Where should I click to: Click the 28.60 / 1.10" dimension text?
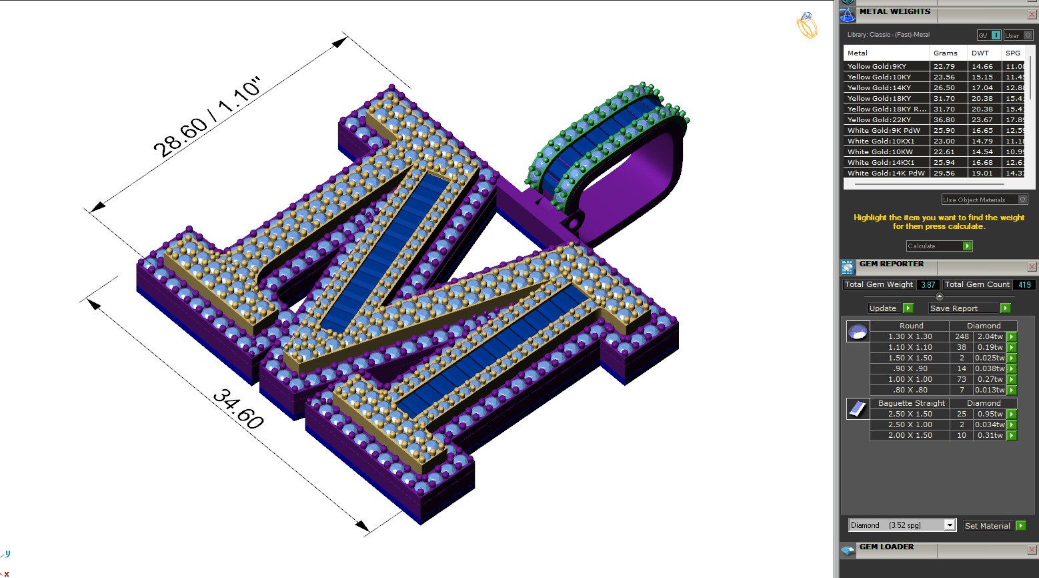coord(207,117)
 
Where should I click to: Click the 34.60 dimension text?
coord(238,409)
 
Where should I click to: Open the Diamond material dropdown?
coord(950,525)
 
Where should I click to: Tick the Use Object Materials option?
coord(1023,200)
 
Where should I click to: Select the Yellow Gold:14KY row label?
coord(879,87)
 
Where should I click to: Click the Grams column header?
coord(945,53)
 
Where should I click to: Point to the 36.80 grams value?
coord(944,119)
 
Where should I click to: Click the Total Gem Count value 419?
coord(1024,284)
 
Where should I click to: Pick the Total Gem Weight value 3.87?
coord(928,284)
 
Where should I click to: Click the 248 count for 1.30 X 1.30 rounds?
coord(962,336)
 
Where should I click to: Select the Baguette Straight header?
coord(911,403)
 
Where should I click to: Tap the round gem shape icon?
coord(858,331)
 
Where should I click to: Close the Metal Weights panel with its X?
coord(1032,14)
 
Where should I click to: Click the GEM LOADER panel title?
coord(886,547)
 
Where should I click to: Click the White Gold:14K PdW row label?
coord(886,173)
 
